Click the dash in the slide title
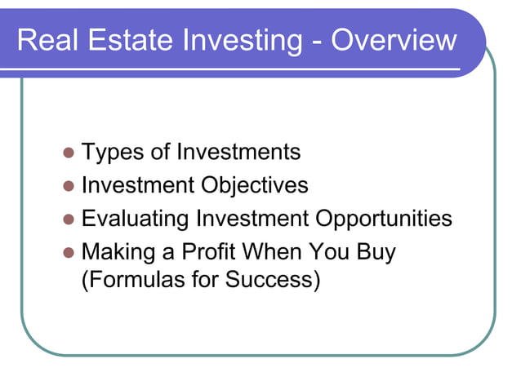pos(315,41)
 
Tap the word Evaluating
pos(136,219)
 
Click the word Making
pos(117,252)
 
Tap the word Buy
pos(376,252)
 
